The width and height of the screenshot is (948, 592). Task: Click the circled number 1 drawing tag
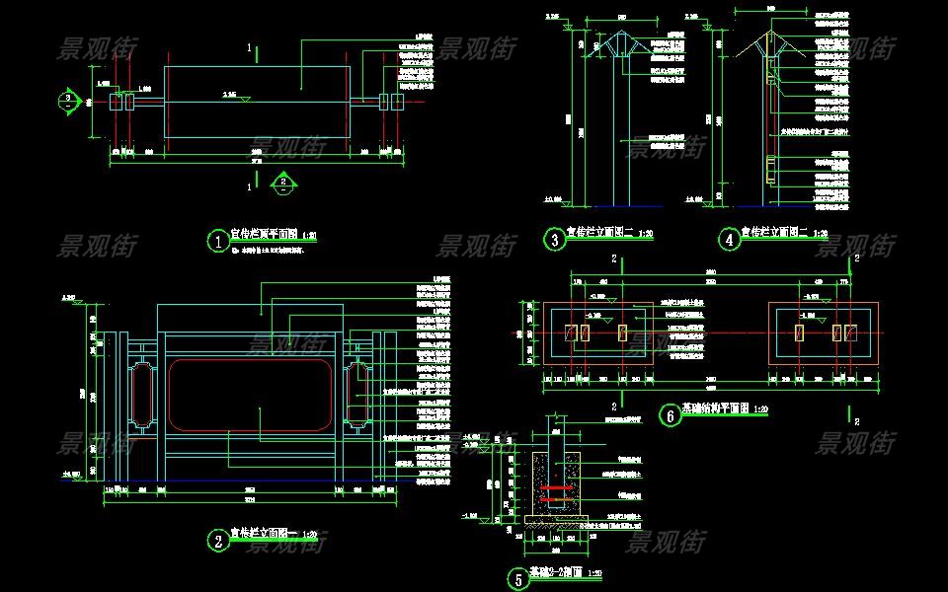217,240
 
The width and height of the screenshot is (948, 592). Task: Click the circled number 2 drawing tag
217,540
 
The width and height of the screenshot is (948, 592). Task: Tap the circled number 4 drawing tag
729,239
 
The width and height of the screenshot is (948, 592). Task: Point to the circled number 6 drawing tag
670,415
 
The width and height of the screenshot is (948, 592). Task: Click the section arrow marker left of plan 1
67,100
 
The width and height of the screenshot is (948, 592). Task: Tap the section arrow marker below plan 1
282,183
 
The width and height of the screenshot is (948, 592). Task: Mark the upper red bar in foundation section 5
556,487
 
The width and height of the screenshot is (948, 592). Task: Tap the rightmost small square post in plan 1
398,101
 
